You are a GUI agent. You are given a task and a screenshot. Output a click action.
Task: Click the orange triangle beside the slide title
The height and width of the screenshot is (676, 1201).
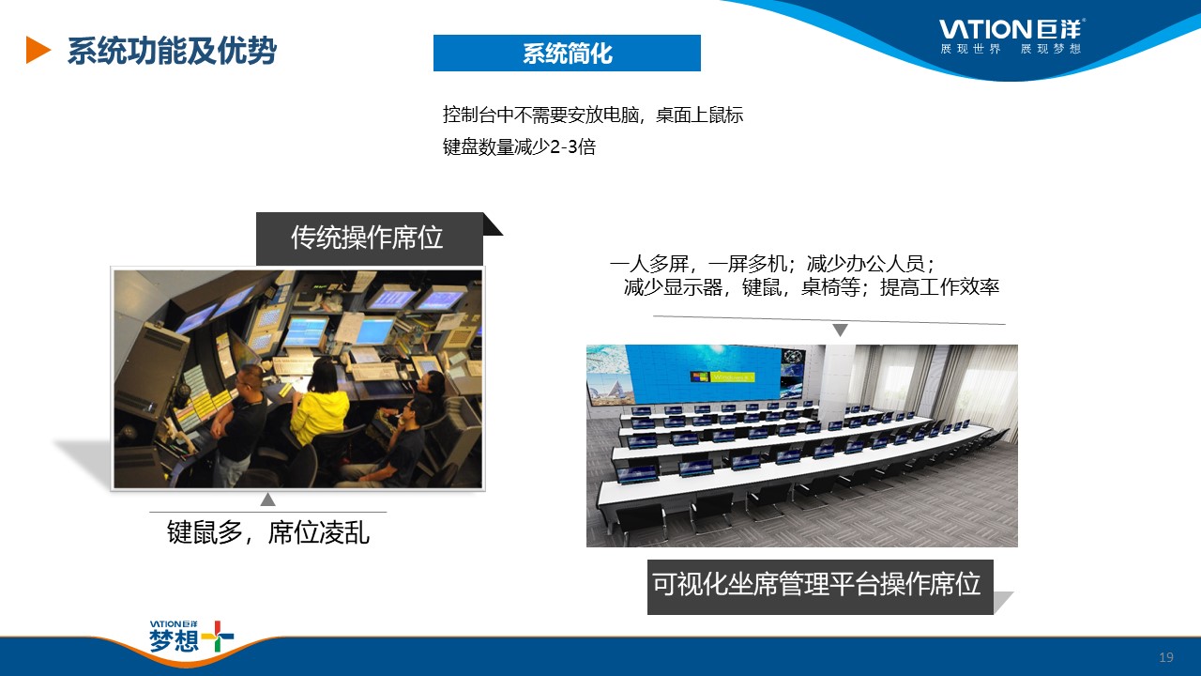pos(38,51)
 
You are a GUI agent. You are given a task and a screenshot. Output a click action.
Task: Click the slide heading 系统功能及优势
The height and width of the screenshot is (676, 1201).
pos(172,51)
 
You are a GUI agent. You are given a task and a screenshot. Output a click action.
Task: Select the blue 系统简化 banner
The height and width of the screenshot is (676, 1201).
pos(567,54)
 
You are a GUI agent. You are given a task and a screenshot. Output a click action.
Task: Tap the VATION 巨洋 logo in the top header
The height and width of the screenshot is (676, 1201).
pos(1011,28)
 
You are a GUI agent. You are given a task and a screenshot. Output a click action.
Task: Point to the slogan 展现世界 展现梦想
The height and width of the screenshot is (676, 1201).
pos(1011,49)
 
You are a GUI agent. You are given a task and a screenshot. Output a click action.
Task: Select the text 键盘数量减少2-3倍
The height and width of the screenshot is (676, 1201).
pos(519,146)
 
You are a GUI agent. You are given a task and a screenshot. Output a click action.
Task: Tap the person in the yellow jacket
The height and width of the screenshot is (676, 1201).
pos(320,405)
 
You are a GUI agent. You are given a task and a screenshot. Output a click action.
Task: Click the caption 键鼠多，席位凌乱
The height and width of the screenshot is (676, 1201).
pos(268,532)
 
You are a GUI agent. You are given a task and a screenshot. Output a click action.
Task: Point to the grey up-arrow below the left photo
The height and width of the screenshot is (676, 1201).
pos(268,499)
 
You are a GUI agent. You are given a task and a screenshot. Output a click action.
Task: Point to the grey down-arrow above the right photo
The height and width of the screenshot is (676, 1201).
pos(840,330)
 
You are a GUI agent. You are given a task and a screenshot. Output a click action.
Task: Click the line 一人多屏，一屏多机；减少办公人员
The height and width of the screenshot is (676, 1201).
pos(772,264)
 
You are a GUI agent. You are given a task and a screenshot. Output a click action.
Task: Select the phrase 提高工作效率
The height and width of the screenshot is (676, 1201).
pos(940,287)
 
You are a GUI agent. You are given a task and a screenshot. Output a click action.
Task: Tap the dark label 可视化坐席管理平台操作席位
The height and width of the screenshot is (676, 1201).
pos(820,587)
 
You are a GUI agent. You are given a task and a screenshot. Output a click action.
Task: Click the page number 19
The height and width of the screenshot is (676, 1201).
pos(1166,657)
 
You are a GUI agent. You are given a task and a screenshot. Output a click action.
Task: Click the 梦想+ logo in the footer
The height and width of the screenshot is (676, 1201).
pos(191,637)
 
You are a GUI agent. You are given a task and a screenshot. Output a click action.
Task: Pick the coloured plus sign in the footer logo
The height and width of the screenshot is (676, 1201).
pos(217,637)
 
